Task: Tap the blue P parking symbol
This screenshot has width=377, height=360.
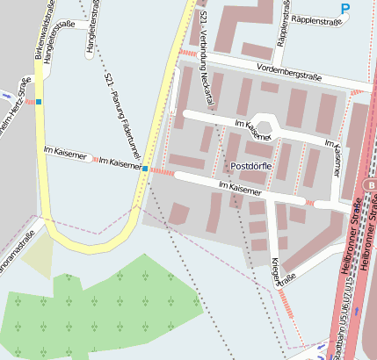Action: pyautogui.click(x=345, y=9)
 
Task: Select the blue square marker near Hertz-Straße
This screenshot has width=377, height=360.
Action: pyautogui.click(x=39, y=102)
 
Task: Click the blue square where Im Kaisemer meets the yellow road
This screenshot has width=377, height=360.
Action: pyautogui.click(x=145, y=167)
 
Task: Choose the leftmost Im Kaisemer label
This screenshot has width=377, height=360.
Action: pyautogui.click(x=65, y=153)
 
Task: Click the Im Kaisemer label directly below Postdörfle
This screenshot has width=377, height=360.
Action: pyautogui.click(x=240, y=188)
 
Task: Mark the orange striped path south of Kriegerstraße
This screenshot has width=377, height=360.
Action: pyautogui.click(x=287, y=304)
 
